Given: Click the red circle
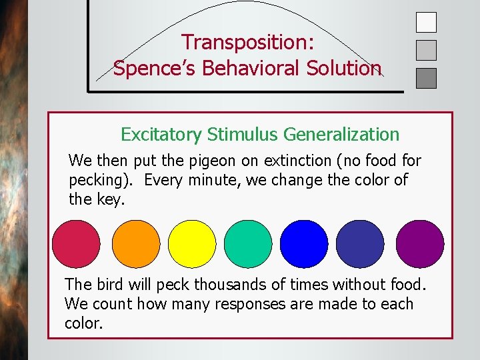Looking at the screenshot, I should pyautogui.click(x=76, y=244).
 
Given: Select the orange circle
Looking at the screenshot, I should pyautogui.click(x=136, y=244).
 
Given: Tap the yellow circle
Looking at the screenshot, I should pyautogui.click(x=192, y=244).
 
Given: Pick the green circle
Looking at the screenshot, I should pyautogui.click(x=248, y=244).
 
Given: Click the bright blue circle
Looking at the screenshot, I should pyautogui.click(x=304, y=244).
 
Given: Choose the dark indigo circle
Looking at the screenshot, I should pyautogui.click(x=360, y=244).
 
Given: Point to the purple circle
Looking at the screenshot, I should pyautogui.click(x=420, y=244).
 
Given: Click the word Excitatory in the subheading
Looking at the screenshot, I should pyautogui.click(x=161, y=135).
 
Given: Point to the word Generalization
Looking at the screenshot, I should pyautogui.click(x=341, y=135).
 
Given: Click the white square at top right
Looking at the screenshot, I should pyautogui.click(x=426, y=22).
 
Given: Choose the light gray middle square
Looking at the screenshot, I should pyautogui.click(x=426, y=50).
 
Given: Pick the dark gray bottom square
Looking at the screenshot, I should pyautogui.click(x=426, y=78).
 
